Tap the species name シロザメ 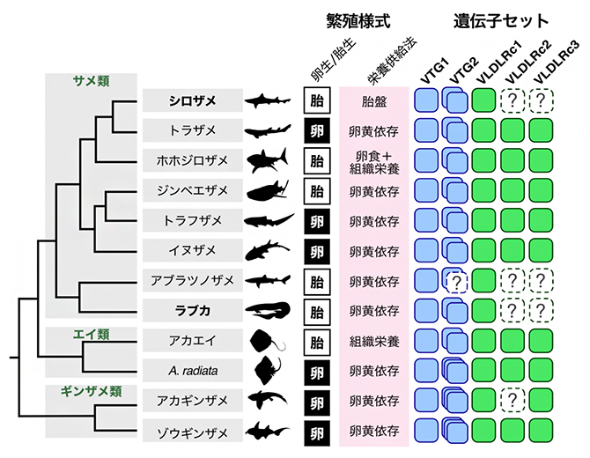click(x=193, y=100)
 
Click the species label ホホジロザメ click(x=193, y=160)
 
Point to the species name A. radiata click(x=193, y=371)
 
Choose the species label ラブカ click(x=193, y=311)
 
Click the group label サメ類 click(x=89, y=80)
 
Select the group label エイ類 click(x=89, y=334)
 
